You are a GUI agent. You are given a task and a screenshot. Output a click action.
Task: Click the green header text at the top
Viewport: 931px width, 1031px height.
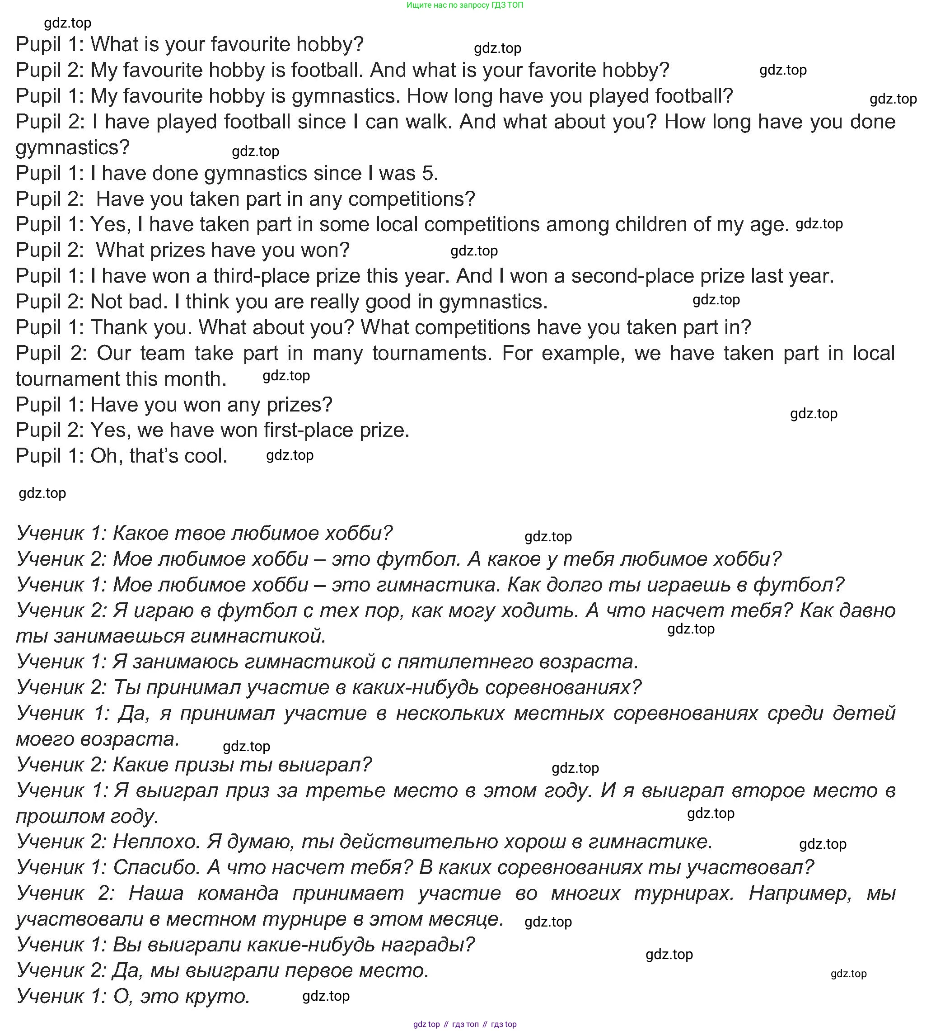coord(464,5)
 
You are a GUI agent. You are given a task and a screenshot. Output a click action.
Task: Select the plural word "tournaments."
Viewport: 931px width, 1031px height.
coord(432,353)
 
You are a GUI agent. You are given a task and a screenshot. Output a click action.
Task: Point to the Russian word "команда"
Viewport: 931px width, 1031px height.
coord(238,894)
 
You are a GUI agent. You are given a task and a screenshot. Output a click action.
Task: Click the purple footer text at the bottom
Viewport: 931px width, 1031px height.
coord(464,1024)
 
